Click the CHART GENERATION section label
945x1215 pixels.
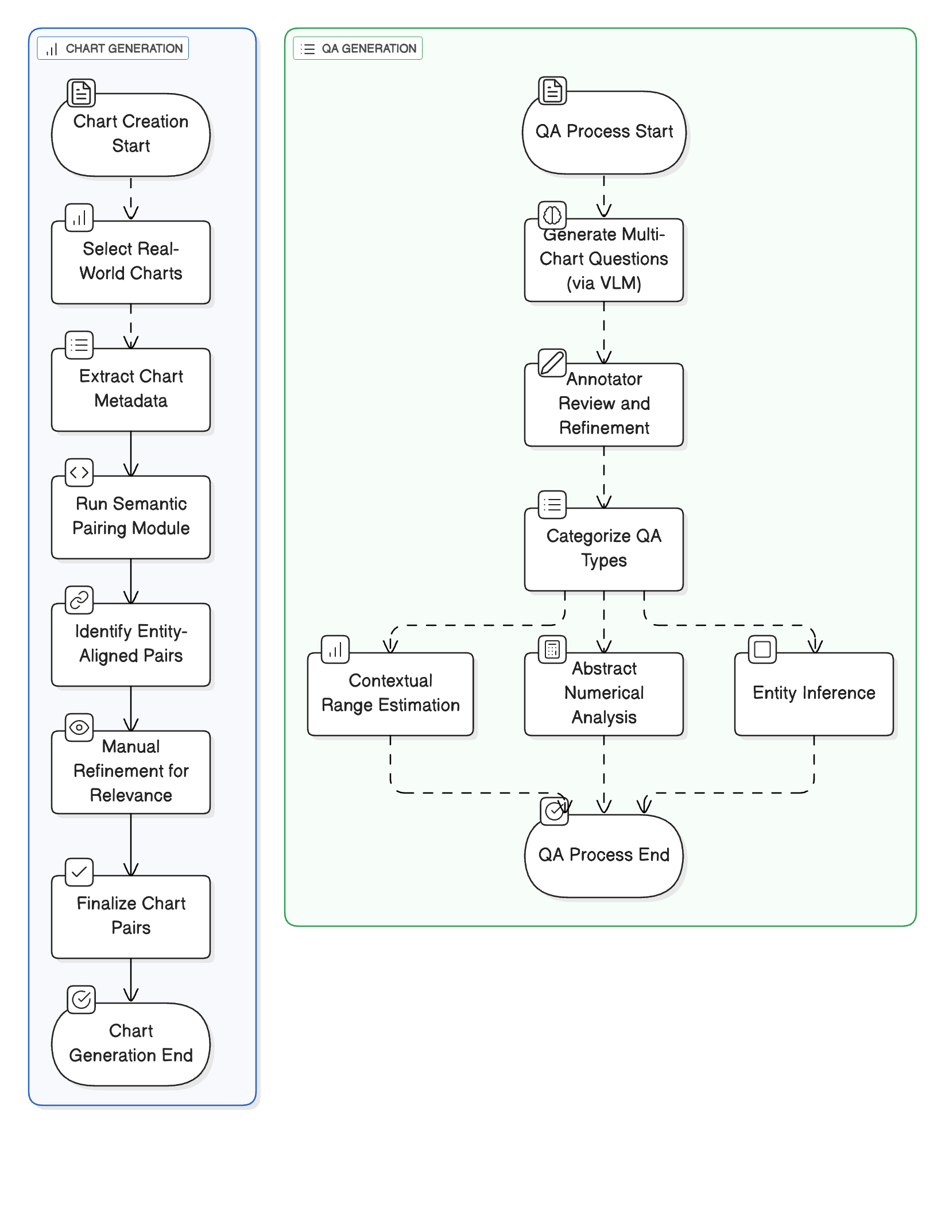point(113,48)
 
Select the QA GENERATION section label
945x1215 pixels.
point(358,48)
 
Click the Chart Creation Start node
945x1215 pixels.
point(131,134)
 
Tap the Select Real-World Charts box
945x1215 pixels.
point(131,262)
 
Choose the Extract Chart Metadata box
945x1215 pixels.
point(131,389)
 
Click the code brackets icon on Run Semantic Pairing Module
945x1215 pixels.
point(79,473)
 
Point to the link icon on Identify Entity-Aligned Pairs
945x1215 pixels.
point(79,600)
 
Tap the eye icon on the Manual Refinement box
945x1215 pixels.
point(79,728)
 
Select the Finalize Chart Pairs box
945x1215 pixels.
point(131,916)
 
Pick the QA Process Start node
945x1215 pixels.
point(604,132)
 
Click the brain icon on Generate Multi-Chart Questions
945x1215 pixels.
point(552,215)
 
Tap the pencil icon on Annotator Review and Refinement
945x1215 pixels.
point(552,363)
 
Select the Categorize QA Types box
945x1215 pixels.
point(604,549)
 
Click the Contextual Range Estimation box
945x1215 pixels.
point(390,694)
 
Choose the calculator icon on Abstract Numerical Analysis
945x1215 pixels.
point(552,649)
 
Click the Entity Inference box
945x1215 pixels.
point(814,694)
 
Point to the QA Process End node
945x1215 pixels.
point(604,856)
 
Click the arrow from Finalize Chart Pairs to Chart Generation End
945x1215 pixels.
point(131,980)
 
